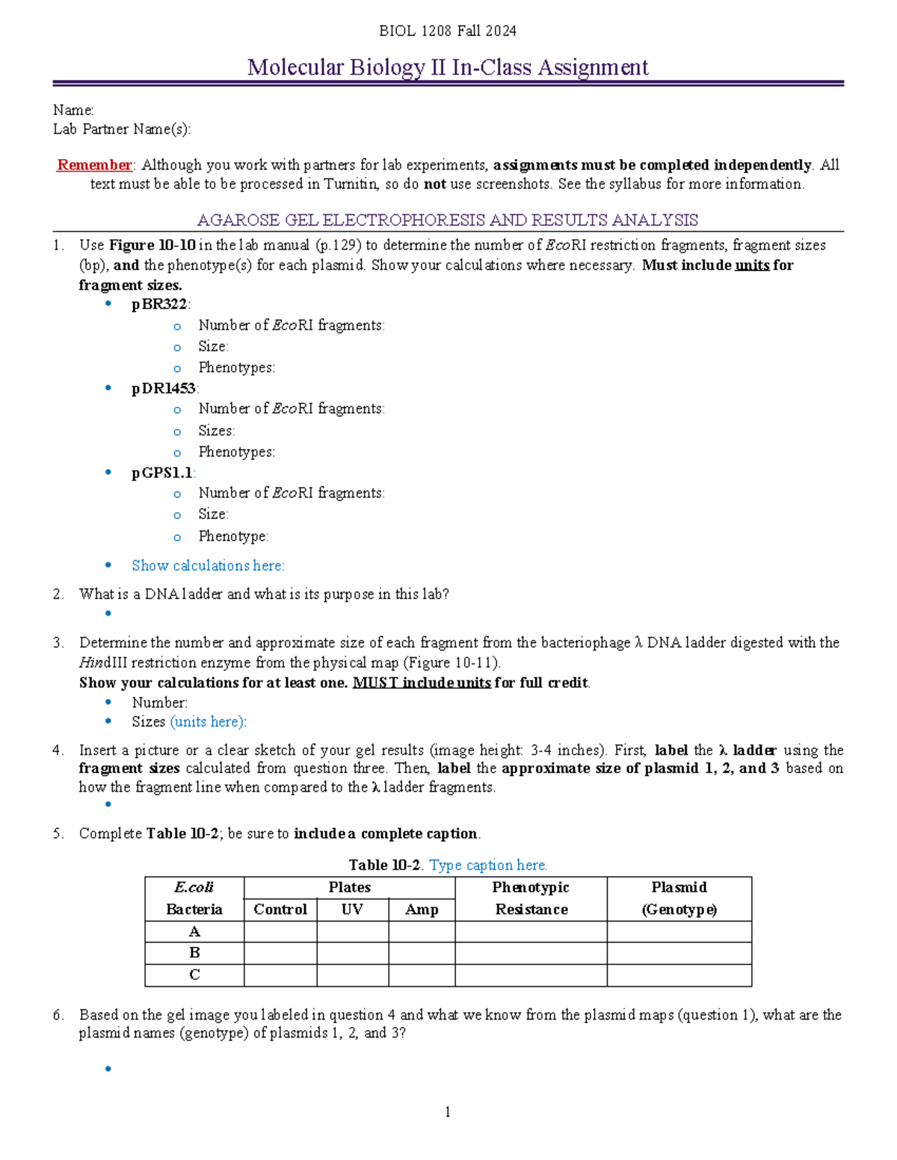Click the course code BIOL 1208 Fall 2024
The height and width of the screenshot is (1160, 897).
447,31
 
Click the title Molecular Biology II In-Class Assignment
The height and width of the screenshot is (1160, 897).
448,67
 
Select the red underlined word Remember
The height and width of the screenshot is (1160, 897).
94,165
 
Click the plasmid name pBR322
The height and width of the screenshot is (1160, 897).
160,304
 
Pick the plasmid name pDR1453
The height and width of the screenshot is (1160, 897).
164,388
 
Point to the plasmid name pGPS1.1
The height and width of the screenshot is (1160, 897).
162,473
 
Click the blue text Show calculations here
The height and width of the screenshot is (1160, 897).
208,565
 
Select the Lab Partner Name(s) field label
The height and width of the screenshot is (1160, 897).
121,129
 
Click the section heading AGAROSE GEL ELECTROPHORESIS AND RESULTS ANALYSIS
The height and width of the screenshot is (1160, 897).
447,220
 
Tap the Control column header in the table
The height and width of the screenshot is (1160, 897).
280,909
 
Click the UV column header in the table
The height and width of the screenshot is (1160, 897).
352,909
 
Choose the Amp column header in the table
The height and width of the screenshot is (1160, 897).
422,909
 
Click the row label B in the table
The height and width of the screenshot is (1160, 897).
194,953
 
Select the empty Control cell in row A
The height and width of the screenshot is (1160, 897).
280,931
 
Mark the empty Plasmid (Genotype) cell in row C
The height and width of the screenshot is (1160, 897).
679,975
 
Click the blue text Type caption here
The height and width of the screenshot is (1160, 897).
488,865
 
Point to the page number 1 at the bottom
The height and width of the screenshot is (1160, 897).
447,1112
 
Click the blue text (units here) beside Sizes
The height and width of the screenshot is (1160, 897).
207,722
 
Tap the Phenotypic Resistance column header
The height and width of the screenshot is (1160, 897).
531,898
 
